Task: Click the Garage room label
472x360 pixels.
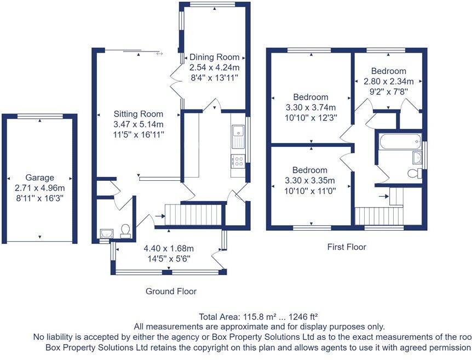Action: [39, 178]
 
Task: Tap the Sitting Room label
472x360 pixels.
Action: [139, 114]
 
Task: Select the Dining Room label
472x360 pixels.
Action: [215, 57]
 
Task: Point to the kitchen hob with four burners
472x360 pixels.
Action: [238, 161]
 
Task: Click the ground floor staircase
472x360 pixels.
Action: [195, 214]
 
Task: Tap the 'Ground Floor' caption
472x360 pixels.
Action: [171, 291]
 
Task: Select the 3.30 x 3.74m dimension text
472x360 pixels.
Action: [310, 107]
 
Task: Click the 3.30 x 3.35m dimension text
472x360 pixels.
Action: [310, 180]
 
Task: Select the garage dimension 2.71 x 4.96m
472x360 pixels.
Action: [39, 187]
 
